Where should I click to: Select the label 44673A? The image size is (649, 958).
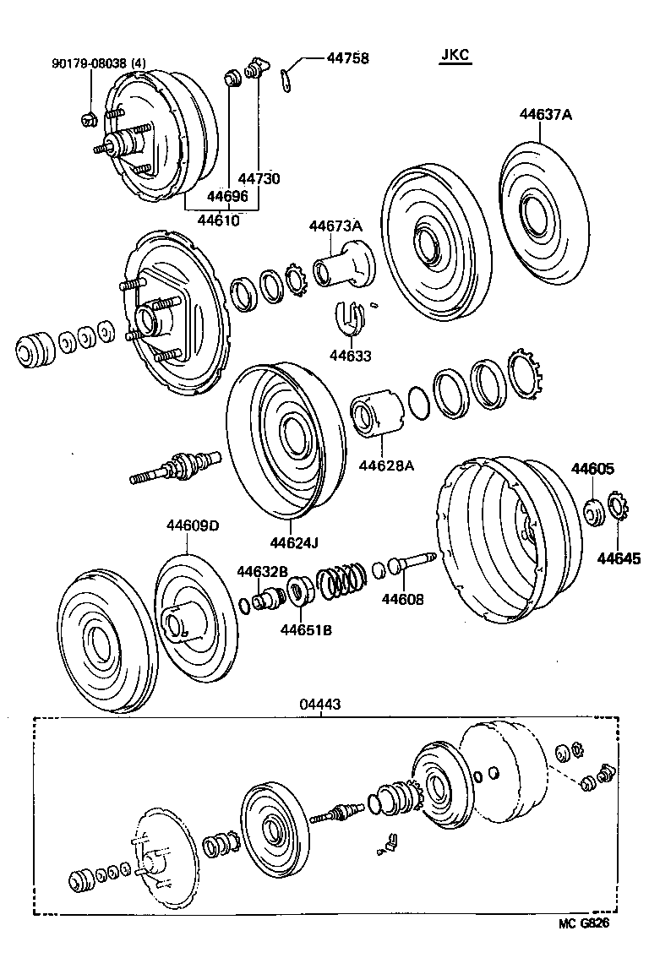click(x=335, y=226)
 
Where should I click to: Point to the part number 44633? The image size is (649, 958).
click(x=352, y=357)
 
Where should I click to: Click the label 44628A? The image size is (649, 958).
click(x=387, y=464)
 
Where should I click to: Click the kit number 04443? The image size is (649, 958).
click(x=321, y=704)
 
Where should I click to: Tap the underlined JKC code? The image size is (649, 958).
click(x=455, y=56)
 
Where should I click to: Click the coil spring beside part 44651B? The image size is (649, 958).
click(x=341, y=580)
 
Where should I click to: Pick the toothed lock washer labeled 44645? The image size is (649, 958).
click(x=616, y=509)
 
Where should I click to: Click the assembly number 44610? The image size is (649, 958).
click(x=218, y=220)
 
